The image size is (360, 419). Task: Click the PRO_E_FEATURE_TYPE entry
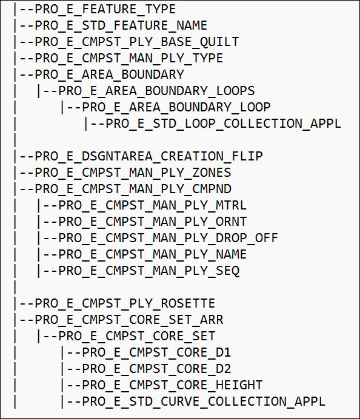tap(105, 10)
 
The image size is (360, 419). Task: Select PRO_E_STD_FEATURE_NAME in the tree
tap(121, 26)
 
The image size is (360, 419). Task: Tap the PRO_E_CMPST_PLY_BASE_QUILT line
tap(137, 42)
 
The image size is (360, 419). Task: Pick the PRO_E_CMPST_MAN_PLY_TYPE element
tap(129, 59)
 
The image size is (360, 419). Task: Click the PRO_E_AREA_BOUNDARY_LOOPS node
tap(156, 91)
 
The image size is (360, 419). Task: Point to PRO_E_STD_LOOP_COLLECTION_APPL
tap(223, 124)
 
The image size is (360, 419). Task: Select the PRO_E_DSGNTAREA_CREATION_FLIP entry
tap(148, 156)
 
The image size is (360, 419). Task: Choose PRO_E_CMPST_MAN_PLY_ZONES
tap(133, 173)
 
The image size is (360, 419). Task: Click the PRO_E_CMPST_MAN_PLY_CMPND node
tap(133, 189)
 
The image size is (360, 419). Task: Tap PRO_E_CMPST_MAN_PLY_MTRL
tap(153, 205)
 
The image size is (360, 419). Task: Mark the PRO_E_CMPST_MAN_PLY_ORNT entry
tap(153, 222)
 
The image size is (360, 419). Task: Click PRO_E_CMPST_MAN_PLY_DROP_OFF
tap(168, 238)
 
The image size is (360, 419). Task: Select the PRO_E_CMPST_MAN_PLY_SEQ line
tap(148, 271)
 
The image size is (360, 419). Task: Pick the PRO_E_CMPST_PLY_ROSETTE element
tap(125, 303)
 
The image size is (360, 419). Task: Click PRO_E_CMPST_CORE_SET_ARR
tap(129, 320)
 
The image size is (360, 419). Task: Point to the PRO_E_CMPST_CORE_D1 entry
tap(156, 352)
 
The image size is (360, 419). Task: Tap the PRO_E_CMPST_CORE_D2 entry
tap(156, 369)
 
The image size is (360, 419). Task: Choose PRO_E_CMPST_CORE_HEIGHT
tap(172, 385)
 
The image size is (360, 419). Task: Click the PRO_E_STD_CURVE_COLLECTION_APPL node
tap(204, 401)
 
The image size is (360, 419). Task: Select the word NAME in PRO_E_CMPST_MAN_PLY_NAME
tap(231, 254)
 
